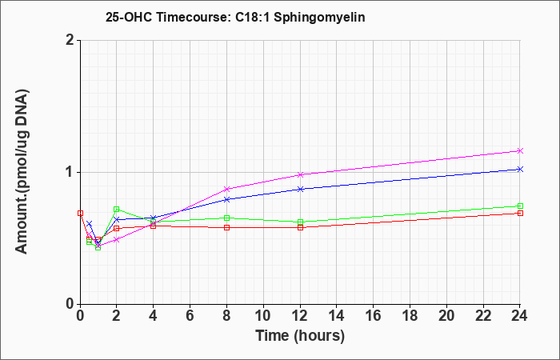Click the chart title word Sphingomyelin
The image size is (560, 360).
(x=319, y=18)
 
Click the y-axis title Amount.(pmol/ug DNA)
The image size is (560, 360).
(x=22, y=172)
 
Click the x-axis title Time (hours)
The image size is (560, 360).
(x=300, y=336)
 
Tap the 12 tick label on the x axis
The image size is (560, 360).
(x=300, y=316)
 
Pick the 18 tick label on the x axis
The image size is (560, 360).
(x=410, y=316)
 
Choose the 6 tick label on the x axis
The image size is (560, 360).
(x=190, y=316)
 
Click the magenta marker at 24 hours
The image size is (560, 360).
(x=520, y=150)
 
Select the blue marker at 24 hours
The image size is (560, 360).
(x=520, y=170)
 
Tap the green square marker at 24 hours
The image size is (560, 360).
(x=520, y=206)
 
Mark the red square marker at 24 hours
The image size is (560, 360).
(x=520, y=214)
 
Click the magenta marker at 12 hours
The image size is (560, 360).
(x=300, y=174)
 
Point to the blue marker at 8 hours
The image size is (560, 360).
(x=226, y=200)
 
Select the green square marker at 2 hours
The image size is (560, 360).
(x=117, y=210)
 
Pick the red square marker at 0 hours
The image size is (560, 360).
(x=80, y=214)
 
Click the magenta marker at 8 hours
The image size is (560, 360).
(x=226, y=189)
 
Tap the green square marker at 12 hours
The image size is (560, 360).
(x=300, y=222)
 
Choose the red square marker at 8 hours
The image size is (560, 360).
(x=226, y=227)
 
